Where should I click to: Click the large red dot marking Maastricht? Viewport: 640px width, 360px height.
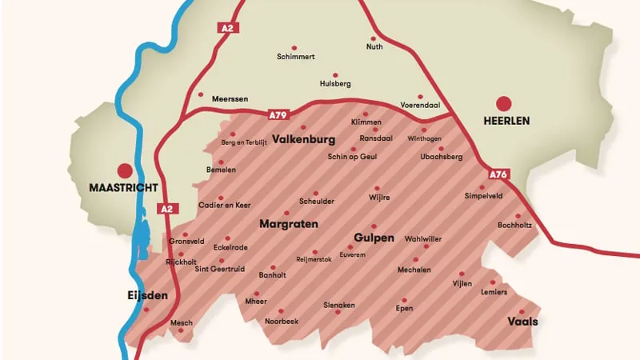(125, 170)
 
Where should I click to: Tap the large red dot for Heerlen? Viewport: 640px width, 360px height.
(503, 103)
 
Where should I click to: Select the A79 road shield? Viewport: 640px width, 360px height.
(278, 115)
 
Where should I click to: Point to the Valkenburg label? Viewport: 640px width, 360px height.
(303, 139)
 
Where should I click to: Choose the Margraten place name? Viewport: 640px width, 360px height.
(289, 224)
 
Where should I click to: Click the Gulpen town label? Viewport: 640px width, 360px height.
(374, 238)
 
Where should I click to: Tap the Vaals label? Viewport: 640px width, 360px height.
(522, 322)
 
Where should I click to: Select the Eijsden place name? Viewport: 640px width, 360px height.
(148, 295)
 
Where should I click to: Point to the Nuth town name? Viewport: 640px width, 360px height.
(374, 47)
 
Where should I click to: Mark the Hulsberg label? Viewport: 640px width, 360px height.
(335, 83)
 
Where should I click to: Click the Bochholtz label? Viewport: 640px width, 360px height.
(514, 226)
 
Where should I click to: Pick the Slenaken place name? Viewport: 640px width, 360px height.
(338, 305)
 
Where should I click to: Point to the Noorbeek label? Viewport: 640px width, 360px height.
(282, 321)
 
